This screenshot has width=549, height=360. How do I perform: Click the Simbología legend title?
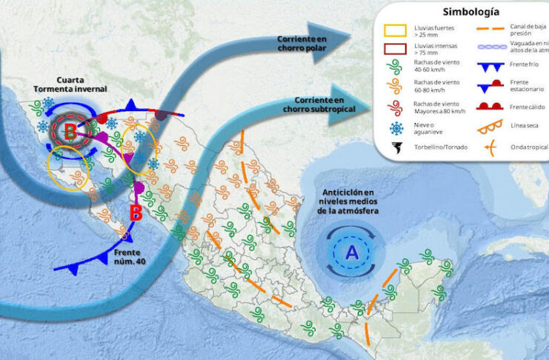point(470,12)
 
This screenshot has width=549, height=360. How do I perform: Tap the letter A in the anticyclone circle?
point(351,253)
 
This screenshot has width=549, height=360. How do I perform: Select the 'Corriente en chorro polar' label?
point(302,43)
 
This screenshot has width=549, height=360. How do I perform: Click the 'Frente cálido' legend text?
point(527,107)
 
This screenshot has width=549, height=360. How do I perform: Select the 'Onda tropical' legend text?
point(528,146)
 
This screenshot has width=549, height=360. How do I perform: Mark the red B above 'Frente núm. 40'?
point(136,213)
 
